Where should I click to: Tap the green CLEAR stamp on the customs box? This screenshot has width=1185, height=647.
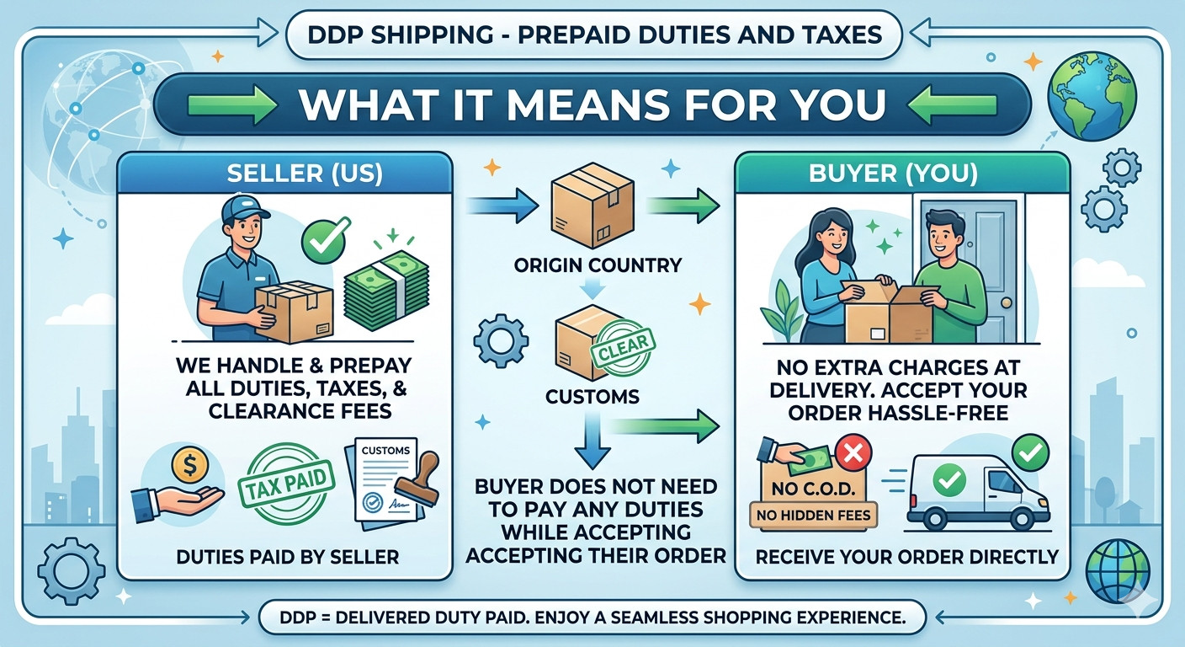pos(623,350)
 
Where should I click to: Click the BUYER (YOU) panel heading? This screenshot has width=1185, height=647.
pos(893,174)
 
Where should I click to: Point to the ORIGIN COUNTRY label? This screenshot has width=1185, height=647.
pos(598,265)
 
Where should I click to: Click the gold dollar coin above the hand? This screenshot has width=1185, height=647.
pos(190,465)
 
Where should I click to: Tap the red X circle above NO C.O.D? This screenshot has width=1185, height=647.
pos(853,453)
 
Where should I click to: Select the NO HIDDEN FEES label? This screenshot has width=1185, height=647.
pos(813,516)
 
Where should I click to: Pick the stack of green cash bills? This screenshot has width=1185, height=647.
pos(386,290)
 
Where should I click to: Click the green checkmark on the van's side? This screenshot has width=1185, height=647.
pos(949,479)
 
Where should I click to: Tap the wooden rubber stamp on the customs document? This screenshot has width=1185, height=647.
pos(420,480)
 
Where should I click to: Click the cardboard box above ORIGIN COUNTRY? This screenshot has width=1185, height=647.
pos(592,206)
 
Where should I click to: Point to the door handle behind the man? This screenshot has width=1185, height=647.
pos(1007,302)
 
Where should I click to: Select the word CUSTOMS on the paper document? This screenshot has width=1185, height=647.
pos(385,450)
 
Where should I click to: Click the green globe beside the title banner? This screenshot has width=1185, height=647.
pos(1092,96)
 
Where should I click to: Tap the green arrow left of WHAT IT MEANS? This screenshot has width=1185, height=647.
pos(233,104)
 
